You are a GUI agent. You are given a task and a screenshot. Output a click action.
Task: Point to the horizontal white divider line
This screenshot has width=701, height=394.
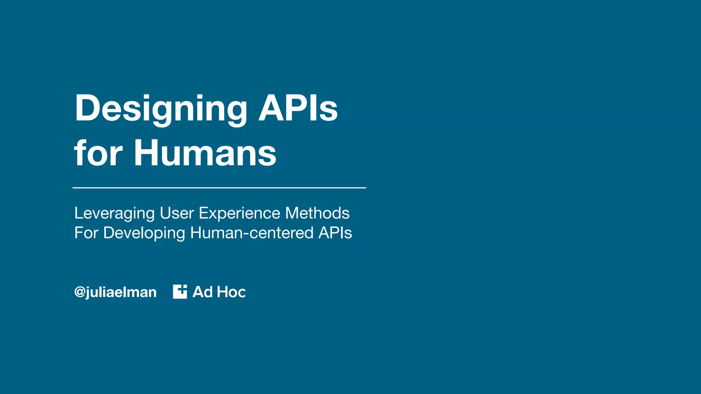pos(219,188)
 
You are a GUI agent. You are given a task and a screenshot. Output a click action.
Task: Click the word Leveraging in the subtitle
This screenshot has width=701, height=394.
pos(114,213)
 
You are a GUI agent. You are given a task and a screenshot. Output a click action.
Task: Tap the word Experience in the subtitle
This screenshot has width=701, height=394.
pos(240,213)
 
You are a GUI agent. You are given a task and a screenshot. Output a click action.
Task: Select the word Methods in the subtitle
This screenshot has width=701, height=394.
pos(317,213)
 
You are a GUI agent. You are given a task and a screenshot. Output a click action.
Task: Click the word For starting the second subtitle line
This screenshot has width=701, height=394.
pos(86,233)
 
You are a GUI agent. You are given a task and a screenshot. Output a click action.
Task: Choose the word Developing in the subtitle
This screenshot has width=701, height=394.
pos(144,234)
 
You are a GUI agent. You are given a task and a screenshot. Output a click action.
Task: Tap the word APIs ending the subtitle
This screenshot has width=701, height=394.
pos(335,233)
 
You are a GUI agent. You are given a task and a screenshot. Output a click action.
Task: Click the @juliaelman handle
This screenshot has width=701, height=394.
pos(115,292)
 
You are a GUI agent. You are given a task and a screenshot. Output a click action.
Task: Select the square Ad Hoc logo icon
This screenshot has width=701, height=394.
pos(180,291)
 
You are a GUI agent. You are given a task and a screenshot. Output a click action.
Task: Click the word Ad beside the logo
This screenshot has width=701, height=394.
pos(203,292)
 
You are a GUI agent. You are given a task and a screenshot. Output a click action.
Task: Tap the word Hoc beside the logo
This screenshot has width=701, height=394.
pos(231,292)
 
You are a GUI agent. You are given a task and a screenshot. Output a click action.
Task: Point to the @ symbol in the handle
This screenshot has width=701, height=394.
pos(80,292)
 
